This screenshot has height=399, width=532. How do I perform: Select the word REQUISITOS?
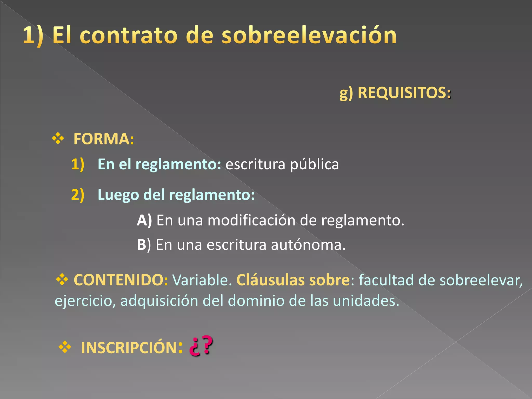tap(402, 92)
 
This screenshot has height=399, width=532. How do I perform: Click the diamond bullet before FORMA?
tap(58, 138)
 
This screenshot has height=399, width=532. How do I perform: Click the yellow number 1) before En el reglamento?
tap(78, 164)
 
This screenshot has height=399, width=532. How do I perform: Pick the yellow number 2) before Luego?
tap(78, 195)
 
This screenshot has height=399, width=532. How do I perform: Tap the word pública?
tap(314, 164)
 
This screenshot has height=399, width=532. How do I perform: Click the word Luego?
tap(118, 195)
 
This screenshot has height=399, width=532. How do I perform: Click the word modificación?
tap(251, 220)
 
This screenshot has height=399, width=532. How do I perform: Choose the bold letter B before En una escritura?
tap(142, 245)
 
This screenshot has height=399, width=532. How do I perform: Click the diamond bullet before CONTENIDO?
tap(62, 280)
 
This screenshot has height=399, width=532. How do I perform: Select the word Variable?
tap(202, 280)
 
